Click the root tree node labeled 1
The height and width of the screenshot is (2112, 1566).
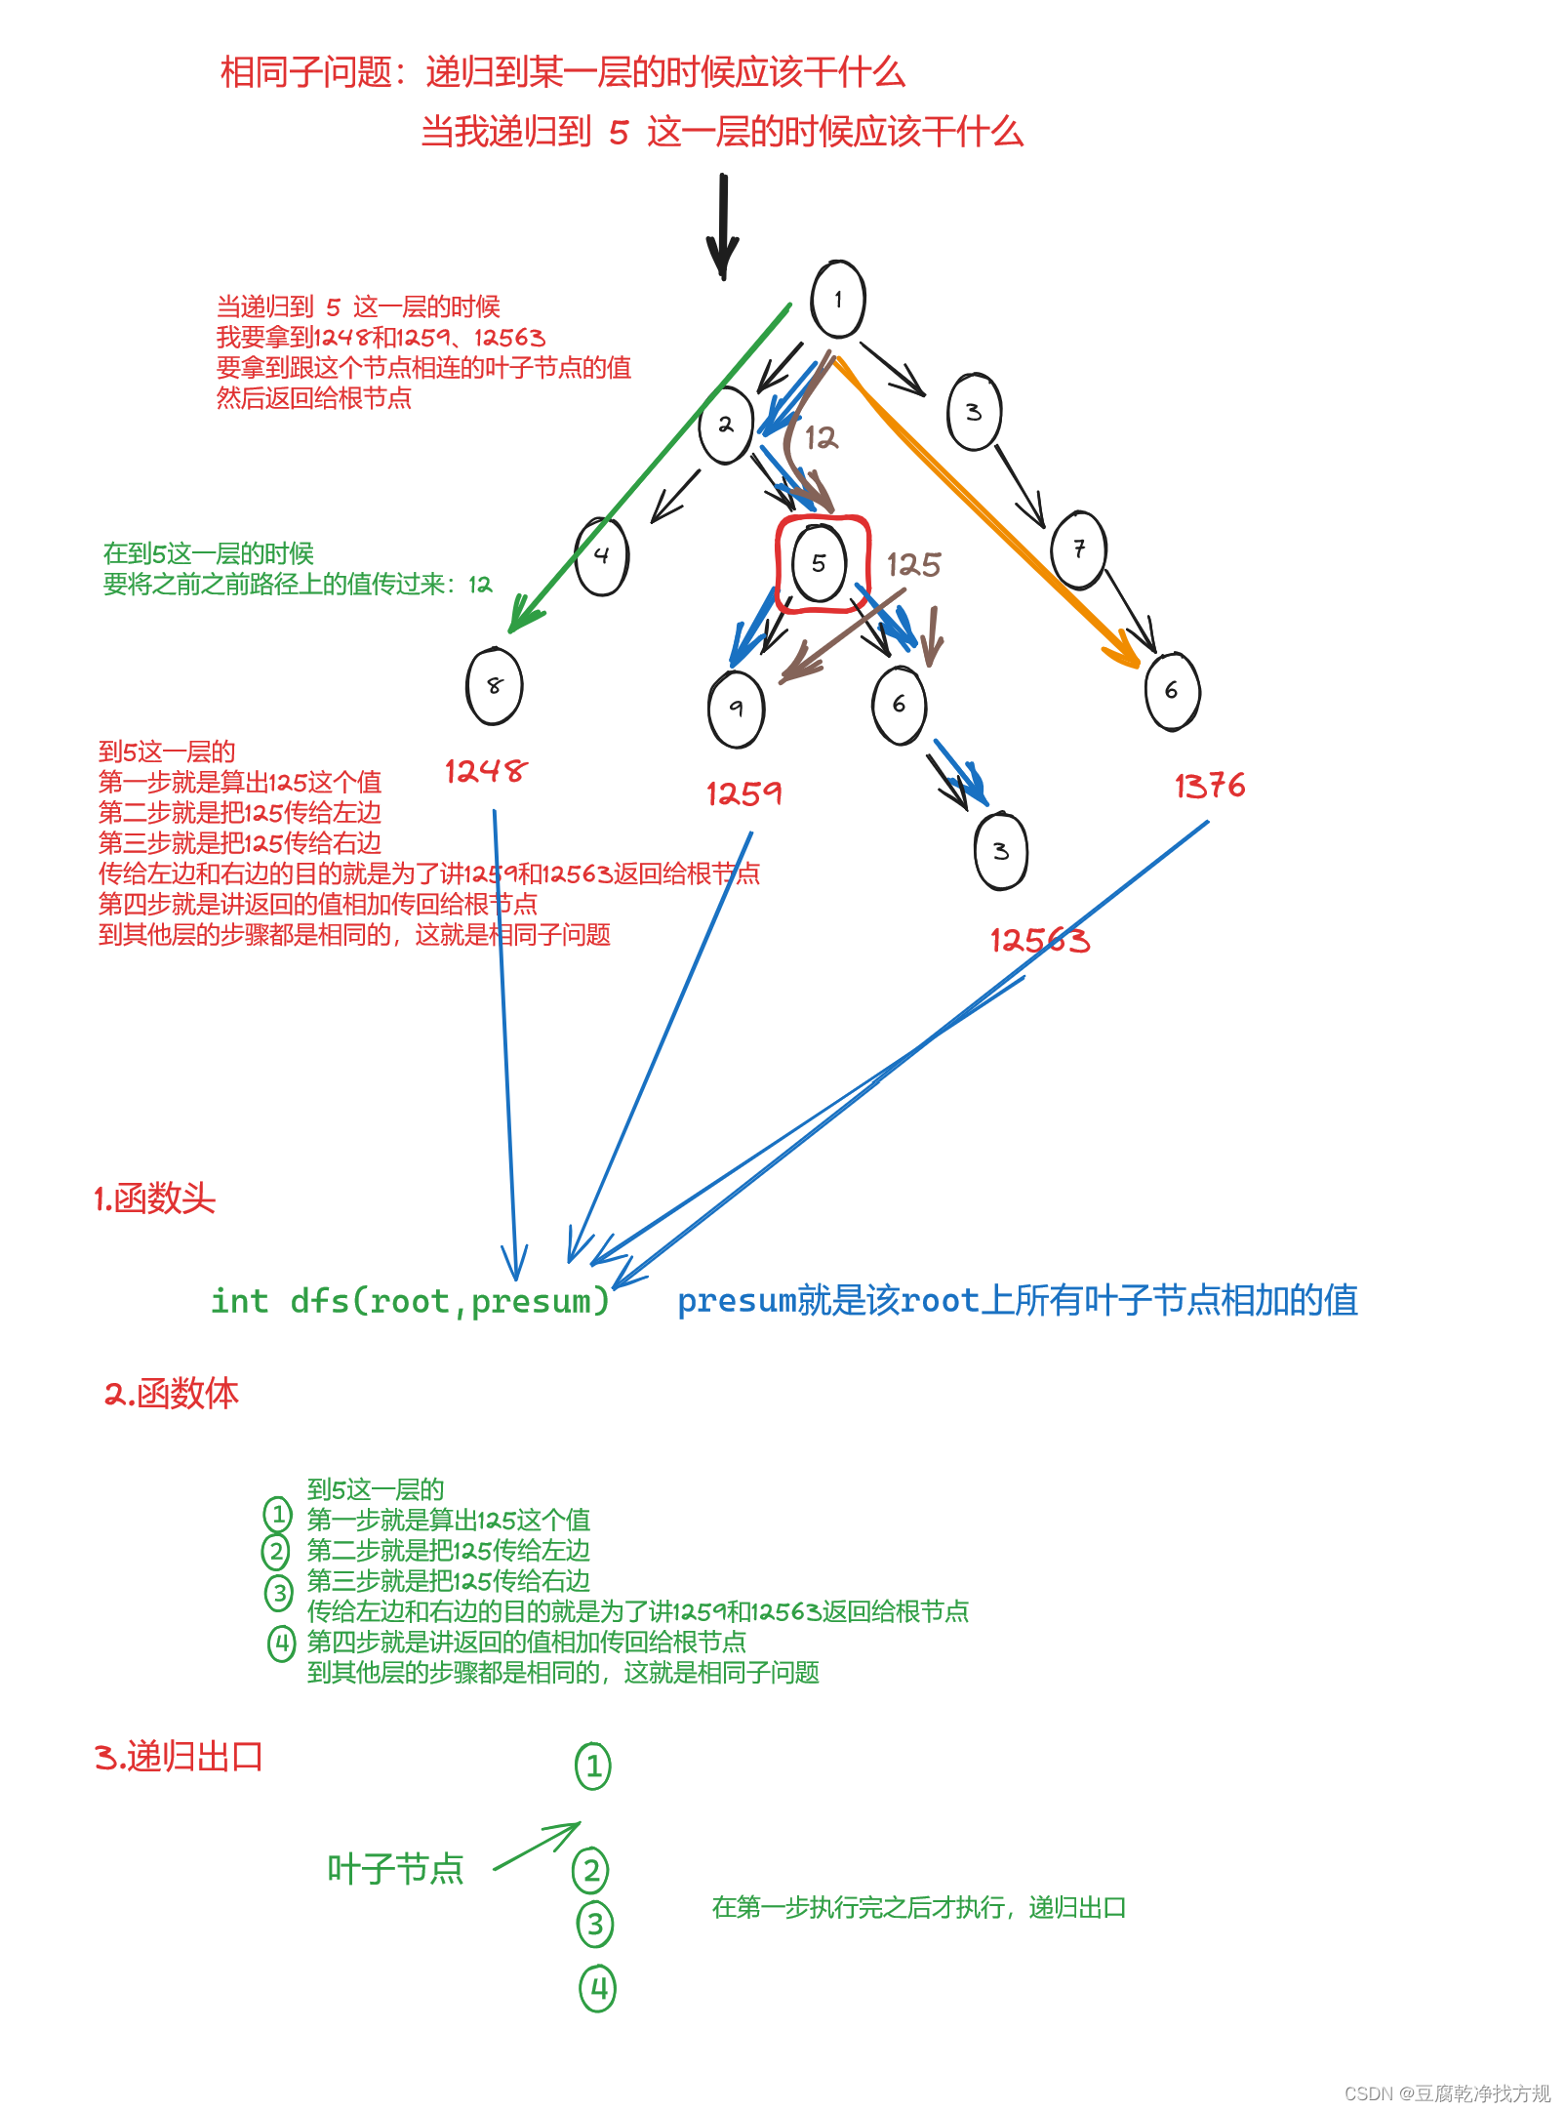[838, 300]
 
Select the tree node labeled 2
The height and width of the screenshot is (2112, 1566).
[726, 425]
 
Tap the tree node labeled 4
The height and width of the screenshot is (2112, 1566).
[602, 555]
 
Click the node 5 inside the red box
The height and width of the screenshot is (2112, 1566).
[820, 563]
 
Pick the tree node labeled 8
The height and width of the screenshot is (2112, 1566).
[495, 686]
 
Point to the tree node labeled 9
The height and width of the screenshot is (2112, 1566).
[737, 709]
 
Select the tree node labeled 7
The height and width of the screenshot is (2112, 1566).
[1079, 549]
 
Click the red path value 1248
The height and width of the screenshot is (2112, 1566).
[485, 772]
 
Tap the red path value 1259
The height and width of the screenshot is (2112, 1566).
[743, 793]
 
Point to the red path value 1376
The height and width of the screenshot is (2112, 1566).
[1210, 786]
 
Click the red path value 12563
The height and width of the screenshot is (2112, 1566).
[1040, 941]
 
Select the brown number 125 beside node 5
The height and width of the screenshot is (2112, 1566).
[913, 564]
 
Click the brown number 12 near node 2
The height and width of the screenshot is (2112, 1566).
[821, 437]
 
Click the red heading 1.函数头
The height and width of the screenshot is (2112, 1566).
[154, 1198]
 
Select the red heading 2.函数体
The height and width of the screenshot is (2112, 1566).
[172, 1393]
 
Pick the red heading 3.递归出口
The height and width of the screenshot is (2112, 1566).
[180, 1757]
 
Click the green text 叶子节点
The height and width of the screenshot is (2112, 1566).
[395, 1869]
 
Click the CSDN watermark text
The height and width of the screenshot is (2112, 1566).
[1446, 2093]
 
